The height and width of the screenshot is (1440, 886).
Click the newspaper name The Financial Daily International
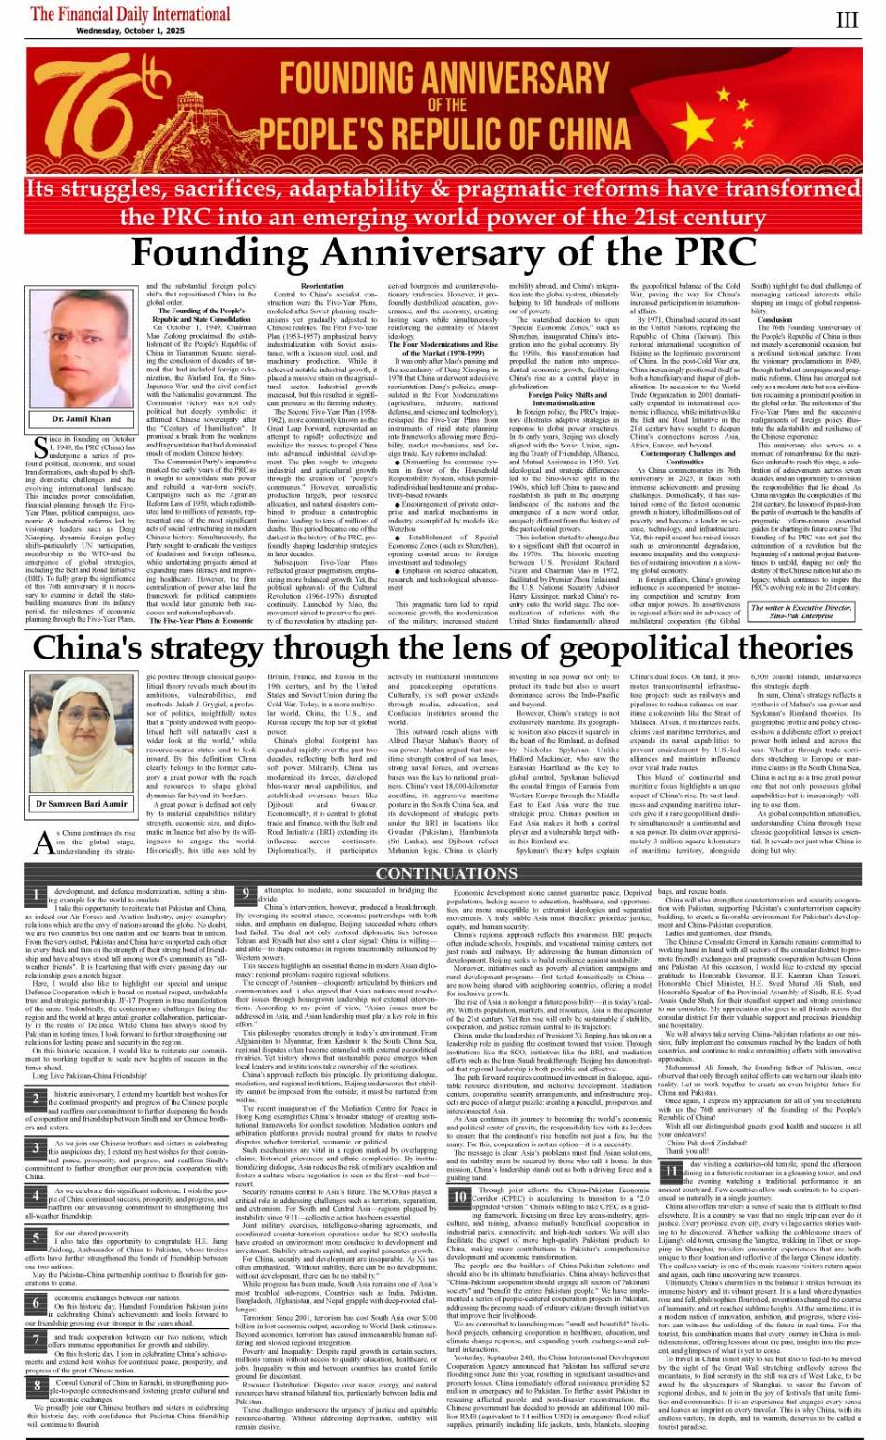coord(129,13)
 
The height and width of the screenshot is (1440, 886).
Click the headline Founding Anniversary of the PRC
coord(443,253)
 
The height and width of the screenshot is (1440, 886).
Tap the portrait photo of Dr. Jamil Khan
coord(82,351)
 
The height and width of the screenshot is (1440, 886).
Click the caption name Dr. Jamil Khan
coord(82,418)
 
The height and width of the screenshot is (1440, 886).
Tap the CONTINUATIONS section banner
coord(443,873)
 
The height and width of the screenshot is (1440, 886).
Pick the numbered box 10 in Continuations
coord(459,1196)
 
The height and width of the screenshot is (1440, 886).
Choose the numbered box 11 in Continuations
coord(671,1172)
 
